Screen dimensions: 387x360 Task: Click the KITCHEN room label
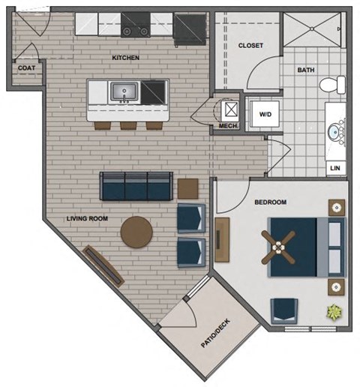point(125,57)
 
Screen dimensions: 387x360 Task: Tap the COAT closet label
point(25,67)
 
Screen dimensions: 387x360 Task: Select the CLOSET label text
point(250,46)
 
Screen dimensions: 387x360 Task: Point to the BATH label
point(305,70)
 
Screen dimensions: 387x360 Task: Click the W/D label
point(265,114)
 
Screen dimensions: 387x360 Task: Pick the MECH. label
point(228,126)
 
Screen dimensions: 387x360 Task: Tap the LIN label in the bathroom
point(334,168)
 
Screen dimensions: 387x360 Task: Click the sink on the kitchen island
point(122,92)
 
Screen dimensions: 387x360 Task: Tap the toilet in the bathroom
point(328,86)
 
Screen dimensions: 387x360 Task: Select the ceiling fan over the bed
point(279,246)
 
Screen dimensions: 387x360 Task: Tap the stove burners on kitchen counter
point(136,30)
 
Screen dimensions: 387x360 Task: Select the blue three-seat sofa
point(136,185)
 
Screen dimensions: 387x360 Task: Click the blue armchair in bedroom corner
point(283,310)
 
